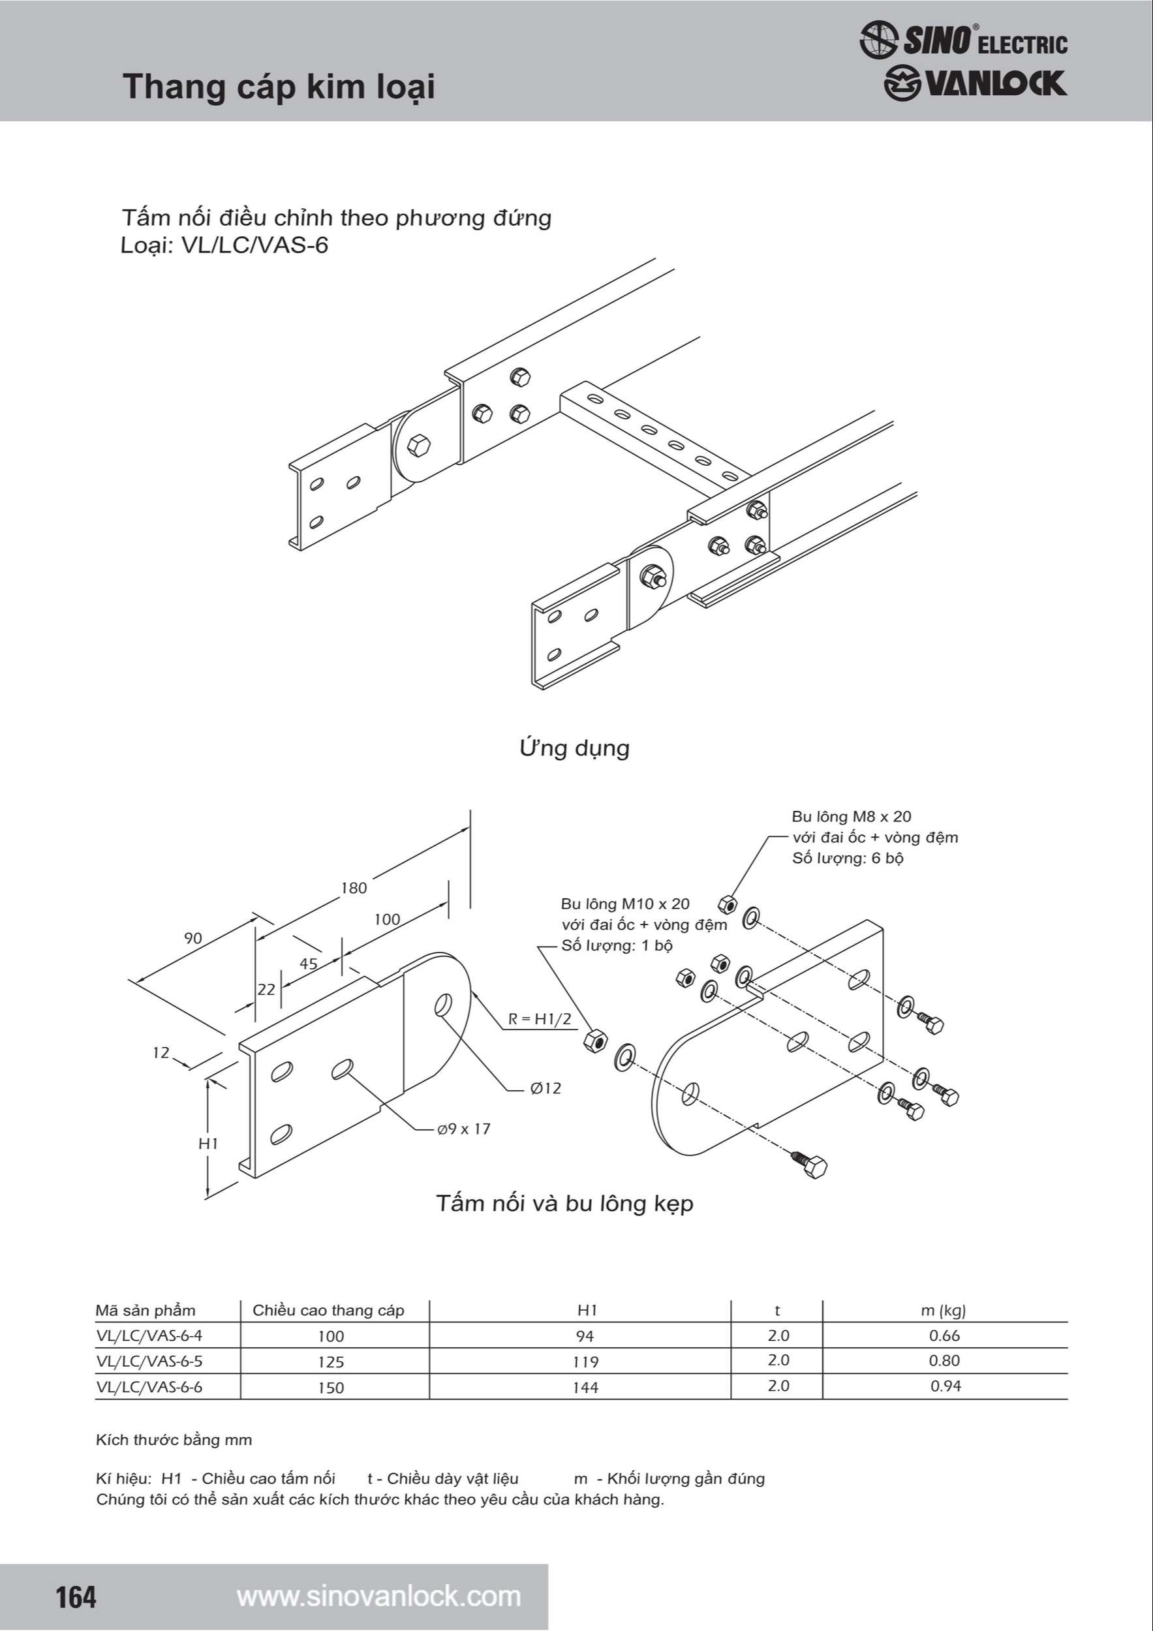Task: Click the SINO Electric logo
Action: click(x=962, y=40)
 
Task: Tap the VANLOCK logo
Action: click(x=975, y=84)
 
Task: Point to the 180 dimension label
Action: click(x=354, y=888)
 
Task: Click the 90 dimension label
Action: click(x=193, y=937)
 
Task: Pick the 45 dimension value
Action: click(x=309, y=964)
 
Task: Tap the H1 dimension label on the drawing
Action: click(x=208, y=1143)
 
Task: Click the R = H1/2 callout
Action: click(x=540, y=1018)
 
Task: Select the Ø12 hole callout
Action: click(x=546, y=1088)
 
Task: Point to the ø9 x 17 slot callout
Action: click(x=464, y=1129)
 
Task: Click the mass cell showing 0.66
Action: click(x=944, y=1335)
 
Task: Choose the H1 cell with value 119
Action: click(x=585, y=1362)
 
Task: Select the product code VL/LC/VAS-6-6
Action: click(x=149, y=1386)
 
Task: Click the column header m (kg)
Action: click(x=943, y=1310)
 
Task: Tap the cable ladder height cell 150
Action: click(x=331, y=1388)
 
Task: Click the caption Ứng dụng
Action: click(x=574, y=748)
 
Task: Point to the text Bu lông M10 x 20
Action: click(x=625, y=904)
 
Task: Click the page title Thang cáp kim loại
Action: click(x=279, y=87)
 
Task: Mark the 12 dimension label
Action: click(x=161, y=1052)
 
